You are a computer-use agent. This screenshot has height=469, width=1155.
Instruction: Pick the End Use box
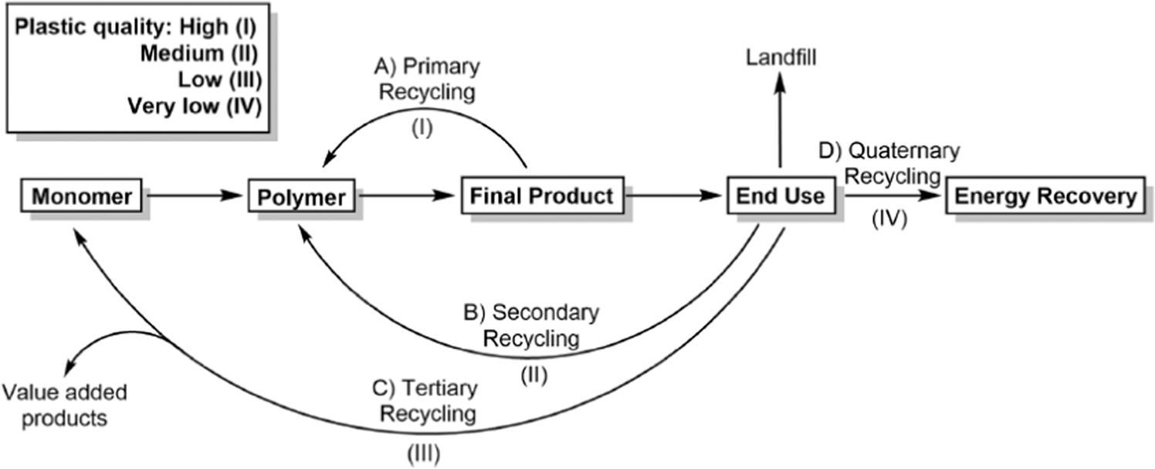[781, 196]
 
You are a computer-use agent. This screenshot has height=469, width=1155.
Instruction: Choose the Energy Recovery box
[1045, 196]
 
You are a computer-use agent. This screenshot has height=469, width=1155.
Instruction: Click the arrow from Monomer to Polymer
[193, 196]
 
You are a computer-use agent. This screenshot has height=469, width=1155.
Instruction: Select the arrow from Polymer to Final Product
[405, 196]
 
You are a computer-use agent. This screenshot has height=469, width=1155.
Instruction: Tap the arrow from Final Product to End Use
[672, 196]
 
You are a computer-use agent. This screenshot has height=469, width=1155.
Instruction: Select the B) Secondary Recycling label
[533, 325]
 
